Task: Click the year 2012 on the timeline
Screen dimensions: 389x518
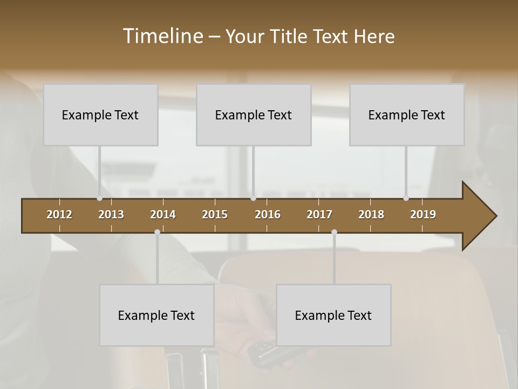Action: [59, 214]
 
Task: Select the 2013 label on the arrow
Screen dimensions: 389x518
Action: [111, 214]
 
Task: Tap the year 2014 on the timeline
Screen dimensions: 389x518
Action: [163, 214]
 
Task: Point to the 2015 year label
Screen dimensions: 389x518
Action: [215, 214]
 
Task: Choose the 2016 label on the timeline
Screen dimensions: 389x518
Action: [268, 214]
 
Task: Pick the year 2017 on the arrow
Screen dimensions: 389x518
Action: [319, 214]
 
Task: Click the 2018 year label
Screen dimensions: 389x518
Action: [371, 214]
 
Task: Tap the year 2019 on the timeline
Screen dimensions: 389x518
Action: [423, 214]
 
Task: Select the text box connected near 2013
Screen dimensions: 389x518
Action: [100, 115]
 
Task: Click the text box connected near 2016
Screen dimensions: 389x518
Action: [254, 115]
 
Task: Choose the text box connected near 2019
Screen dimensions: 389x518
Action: [407, 115]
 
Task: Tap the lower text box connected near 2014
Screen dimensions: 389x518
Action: [156, 316]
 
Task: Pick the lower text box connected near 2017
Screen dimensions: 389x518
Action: [333, 316]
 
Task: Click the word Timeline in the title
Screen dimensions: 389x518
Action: [163, 36]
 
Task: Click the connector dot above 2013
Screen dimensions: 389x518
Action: [100, 198]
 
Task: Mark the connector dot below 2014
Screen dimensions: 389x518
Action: [157, 232]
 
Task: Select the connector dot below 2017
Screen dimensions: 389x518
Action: [334, 232]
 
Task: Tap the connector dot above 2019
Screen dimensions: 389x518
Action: [406, 198]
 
